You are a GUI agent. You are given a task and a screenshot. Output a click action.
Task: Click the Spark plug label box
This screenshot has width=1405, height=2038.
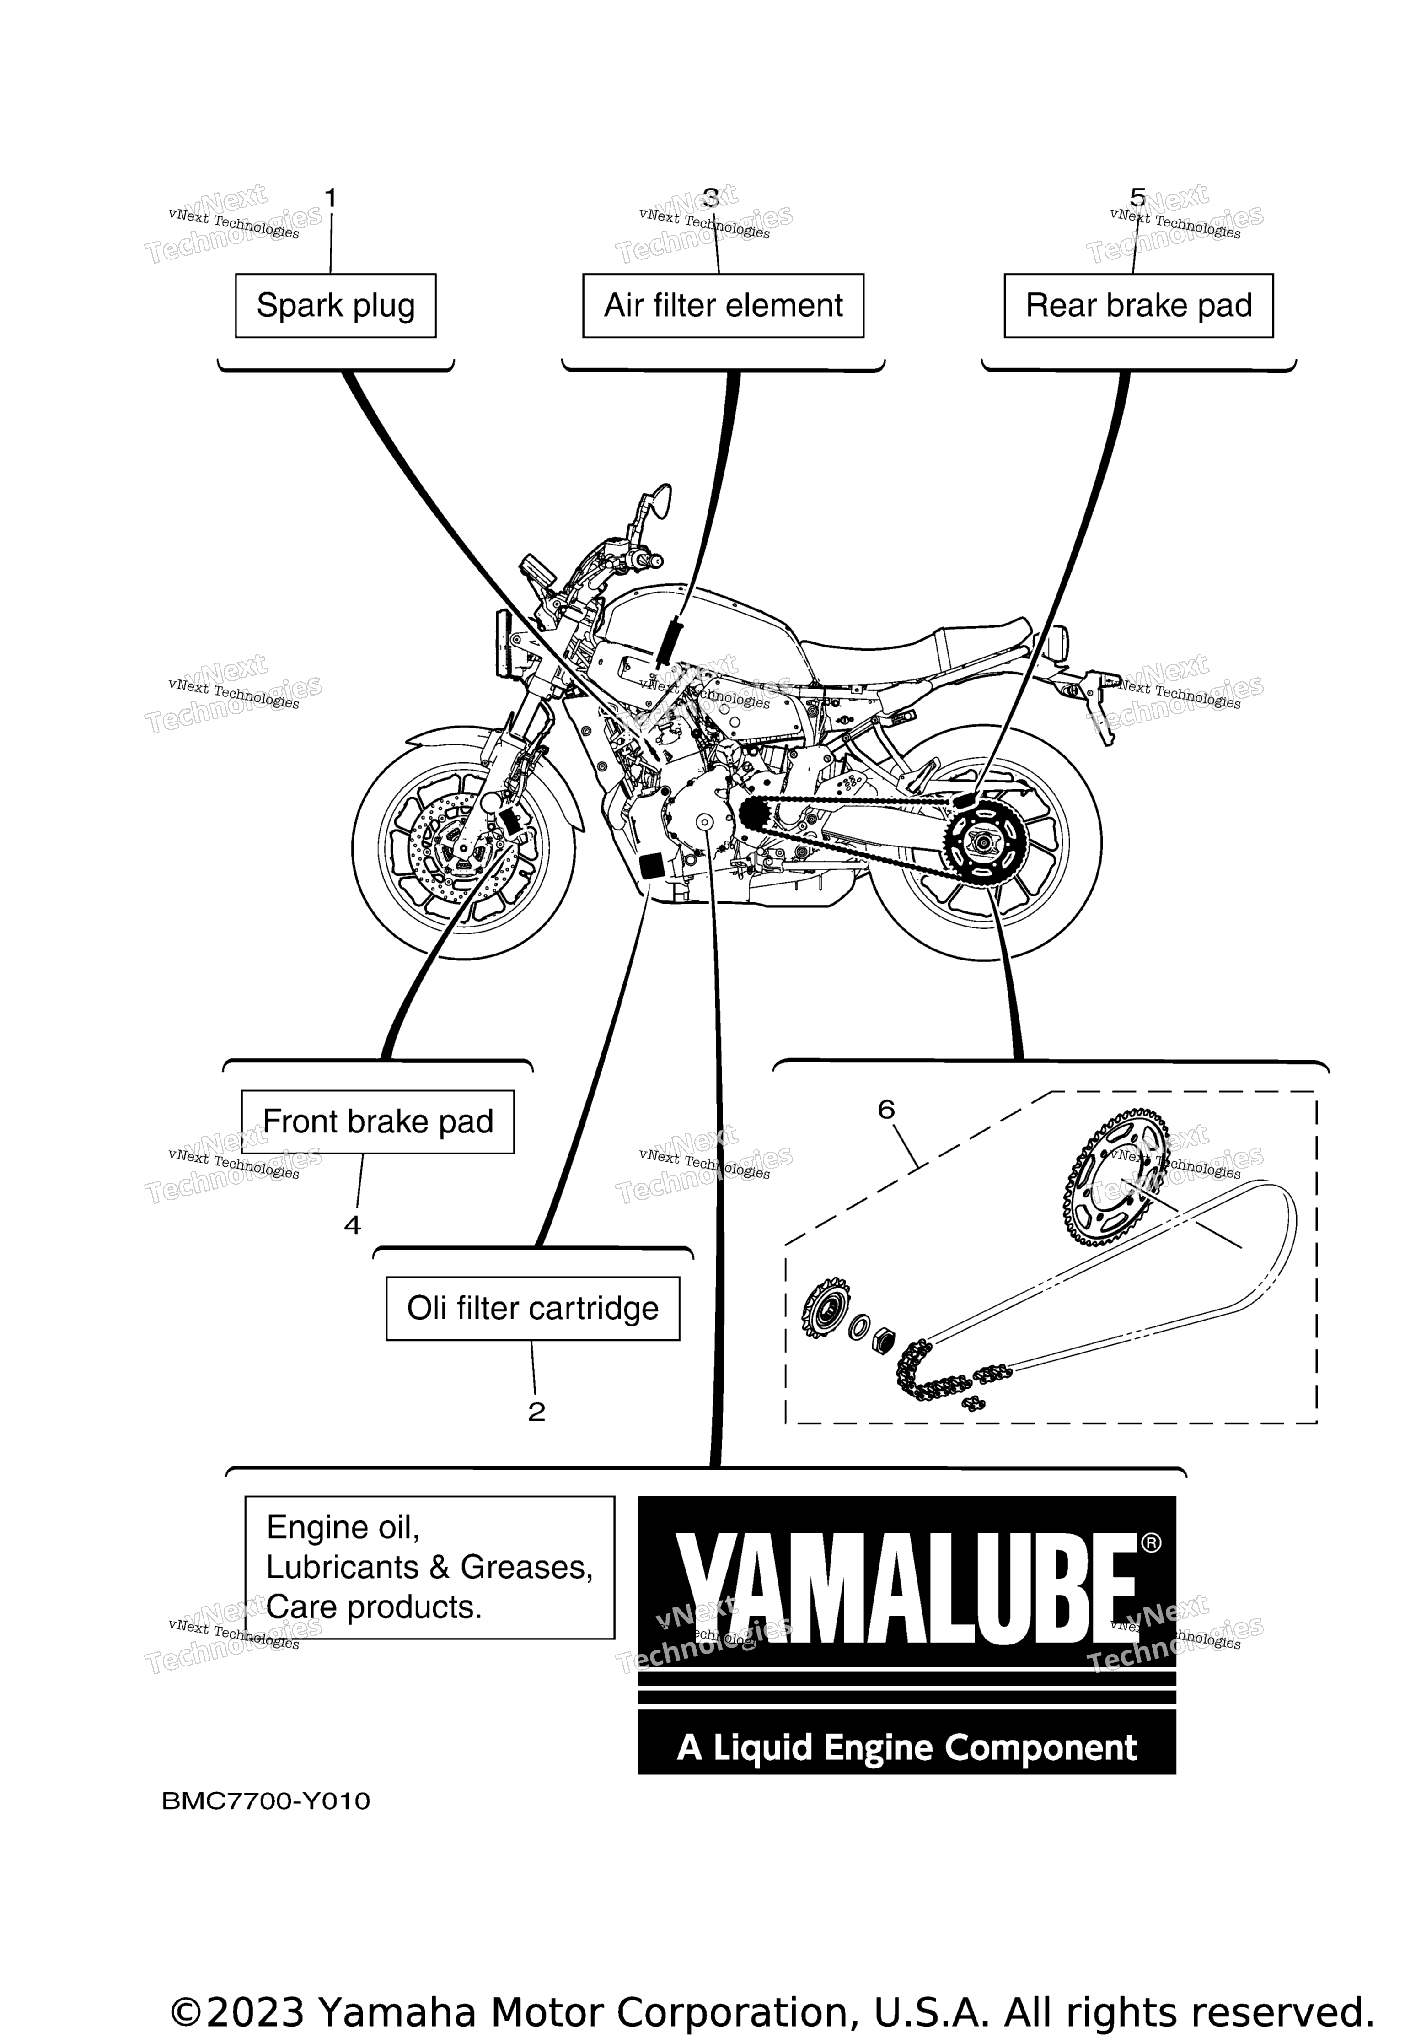pyautogui.click(x=335, y=306)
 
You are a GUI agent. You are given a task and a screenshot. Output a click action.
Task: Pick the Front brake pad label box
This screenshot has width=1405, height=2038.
pyautogui.click(x=378, y=1122)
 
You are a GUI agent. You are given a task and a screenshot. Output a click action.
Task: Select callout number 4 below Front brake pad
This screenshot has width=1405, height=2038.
pyautogui.click(x=352, y=1225)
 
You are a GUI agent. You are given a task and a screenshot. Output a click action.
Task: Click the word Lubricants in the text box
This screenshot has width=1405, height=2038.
pyautogui.click(x=343, y=1567)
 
